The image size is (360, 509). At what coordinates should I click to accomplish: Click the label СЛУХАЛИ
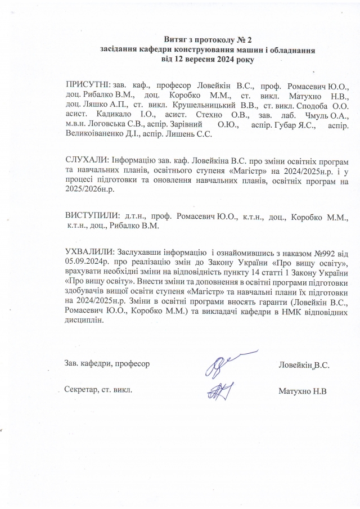coord(85,160)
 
